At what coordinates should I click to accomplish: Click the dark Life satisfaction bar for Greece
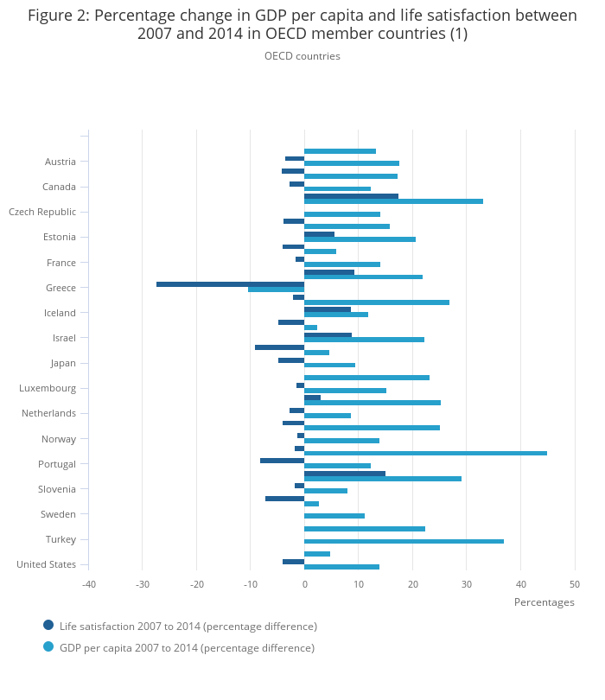click(x=230, y=283)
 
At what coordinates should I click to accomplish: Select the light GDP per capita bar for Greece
click(x=277, y=290)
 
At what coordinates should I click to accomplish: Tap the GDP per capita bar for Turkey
click(x=404, y=541)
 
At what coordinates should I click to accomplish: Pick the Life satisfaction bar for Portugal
click(x=282, y=460)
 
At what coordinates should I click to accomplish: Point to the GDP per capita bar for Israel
click(x=364, y=340)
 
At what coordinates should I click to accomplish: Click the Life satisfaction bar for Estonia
click(x=319, y=233)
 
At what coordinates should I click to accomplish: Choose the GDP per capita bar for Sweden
click(x=334, y=516)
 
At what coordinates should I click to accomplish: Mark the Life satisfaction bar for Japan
click(x=291, y=360)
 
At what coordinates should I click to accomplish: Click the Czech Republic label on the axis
click(x=42, y=212)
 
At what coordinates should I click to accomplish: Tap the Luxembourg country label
click(x=48, y=388)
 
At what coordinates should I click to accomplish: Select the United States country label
click(x=46, y=564)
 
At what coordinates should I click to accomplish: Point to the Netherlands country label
click(x=48, y=413)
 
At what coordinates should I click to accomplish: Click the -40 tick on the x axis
click(x=89, y=584)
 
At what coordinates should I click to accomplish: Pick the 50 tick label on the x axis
click(x=575, y=584)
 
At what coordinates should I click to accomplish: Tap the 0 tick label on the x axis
click(x=304, y=584)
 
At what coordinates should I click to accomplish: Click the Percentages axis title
click(x=544, y=602)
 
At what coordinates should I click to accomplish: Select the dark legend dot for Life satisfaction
click(x=48, y=625)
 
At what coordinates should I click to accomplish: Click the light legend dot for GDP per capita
click(x=48, y=646)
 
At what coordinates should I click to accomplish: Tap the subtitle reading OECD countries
click(x=302, y=56)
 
